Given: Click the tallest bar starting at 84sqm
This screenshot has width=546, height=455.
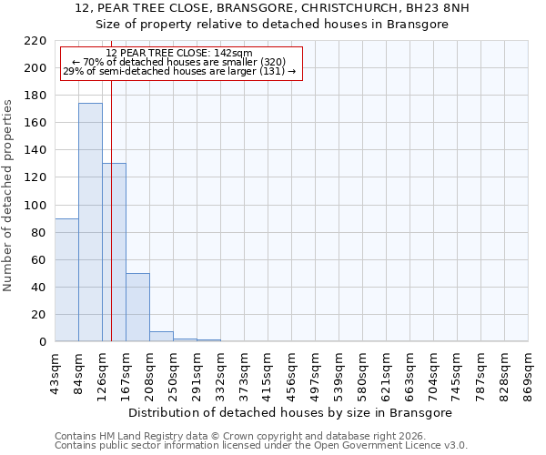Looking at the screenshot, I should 90,222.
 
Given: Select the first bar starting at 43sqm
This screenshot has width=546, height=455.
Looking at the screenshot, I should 66,279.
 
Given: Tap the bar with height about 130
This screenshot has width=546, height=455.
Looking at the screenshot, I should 114,252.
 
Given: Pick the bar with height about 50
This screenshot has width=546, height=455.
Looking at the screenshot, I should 137,307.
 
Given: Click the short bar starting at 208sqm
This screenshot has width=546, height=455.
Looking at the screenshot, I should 161,336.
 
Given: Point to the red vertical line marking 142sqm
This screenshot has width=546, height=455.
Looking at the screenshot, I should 111,209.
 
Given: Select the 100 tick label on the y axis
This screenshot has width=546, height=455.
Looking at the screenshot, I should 35,206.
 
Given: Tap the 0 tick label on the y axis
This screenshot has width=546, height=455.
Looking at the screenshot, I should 43,342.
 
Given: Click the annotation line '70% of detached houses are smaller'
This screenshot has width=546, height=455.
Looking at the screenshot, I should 179,62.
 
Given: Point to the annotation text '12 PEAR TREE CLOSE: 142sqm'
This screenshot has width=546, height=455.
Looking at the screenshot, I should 179,53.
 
